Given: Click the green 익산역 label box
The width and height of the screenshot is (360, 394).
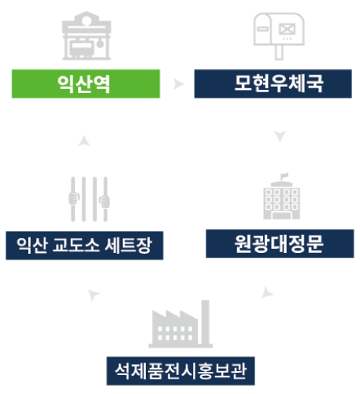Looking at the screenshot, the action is (x=86, y=84).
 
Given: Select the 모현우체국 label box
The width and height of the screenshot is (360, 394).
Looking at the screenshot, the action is (x=273, y=84).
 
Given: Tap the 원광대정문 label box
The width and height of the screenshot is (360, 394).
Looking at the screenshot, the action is (x=280, y=243).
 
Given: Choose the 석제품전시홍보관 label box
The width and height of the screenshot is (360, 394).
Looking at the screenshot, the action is (x=180, y=371).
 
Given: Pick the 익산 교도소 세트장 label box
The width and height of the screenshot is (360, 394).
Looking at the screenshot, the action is (x=84, y=246).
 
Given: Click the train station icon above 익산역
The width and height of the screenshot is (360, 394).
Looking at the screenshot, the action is (x=87, y=35).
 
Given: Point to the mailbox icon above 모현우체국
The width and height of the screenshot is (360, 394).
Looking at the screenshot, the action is (x=279, y=36).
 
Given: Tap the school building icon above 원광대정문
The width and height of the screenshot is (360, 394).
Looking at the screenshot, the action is (x=282, y=196).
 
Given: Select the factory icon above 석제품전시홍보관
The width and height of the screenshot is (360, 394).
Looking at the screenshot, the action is (x=180, y=324).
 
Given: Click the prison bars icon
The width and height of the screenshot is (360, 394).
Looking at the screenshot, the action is (x=89, y=199).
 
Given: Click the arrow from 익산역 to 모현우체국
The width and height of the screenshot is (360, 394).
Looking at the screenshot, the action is (x=178, y=84).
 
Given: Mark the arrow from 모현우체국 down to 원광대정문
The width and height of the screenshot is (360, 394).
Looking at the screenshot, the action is (x=280, y=136).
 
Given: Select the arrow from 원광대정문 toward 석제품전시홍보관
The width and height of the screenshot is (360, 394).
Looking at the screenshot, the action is (x=267, y=292).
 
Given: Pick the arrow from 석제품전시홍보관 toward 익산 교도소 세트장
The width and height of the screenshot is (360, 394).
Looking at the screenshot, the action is (x=93, y=295).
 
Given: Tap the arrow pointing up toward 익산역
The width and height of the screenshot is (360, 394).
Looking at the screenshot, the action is (x=84, y=140).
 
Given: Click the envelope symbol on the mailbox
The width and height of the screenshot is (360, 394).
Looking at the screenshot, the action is (x=287, y=29).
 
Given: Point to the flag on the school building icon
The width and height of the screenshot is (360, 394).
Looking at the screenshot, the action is (x=284, y=176).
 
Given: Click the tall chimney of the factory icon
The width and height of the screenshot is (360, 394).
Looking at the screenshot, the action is (x=206, y=323).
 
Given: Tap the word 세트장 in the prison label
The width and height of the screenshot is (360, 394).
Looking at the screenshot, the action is (x=128, y=245).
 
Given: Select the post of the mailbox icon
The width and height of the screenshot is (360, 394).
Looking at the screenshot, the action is (x=279, y=53).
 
